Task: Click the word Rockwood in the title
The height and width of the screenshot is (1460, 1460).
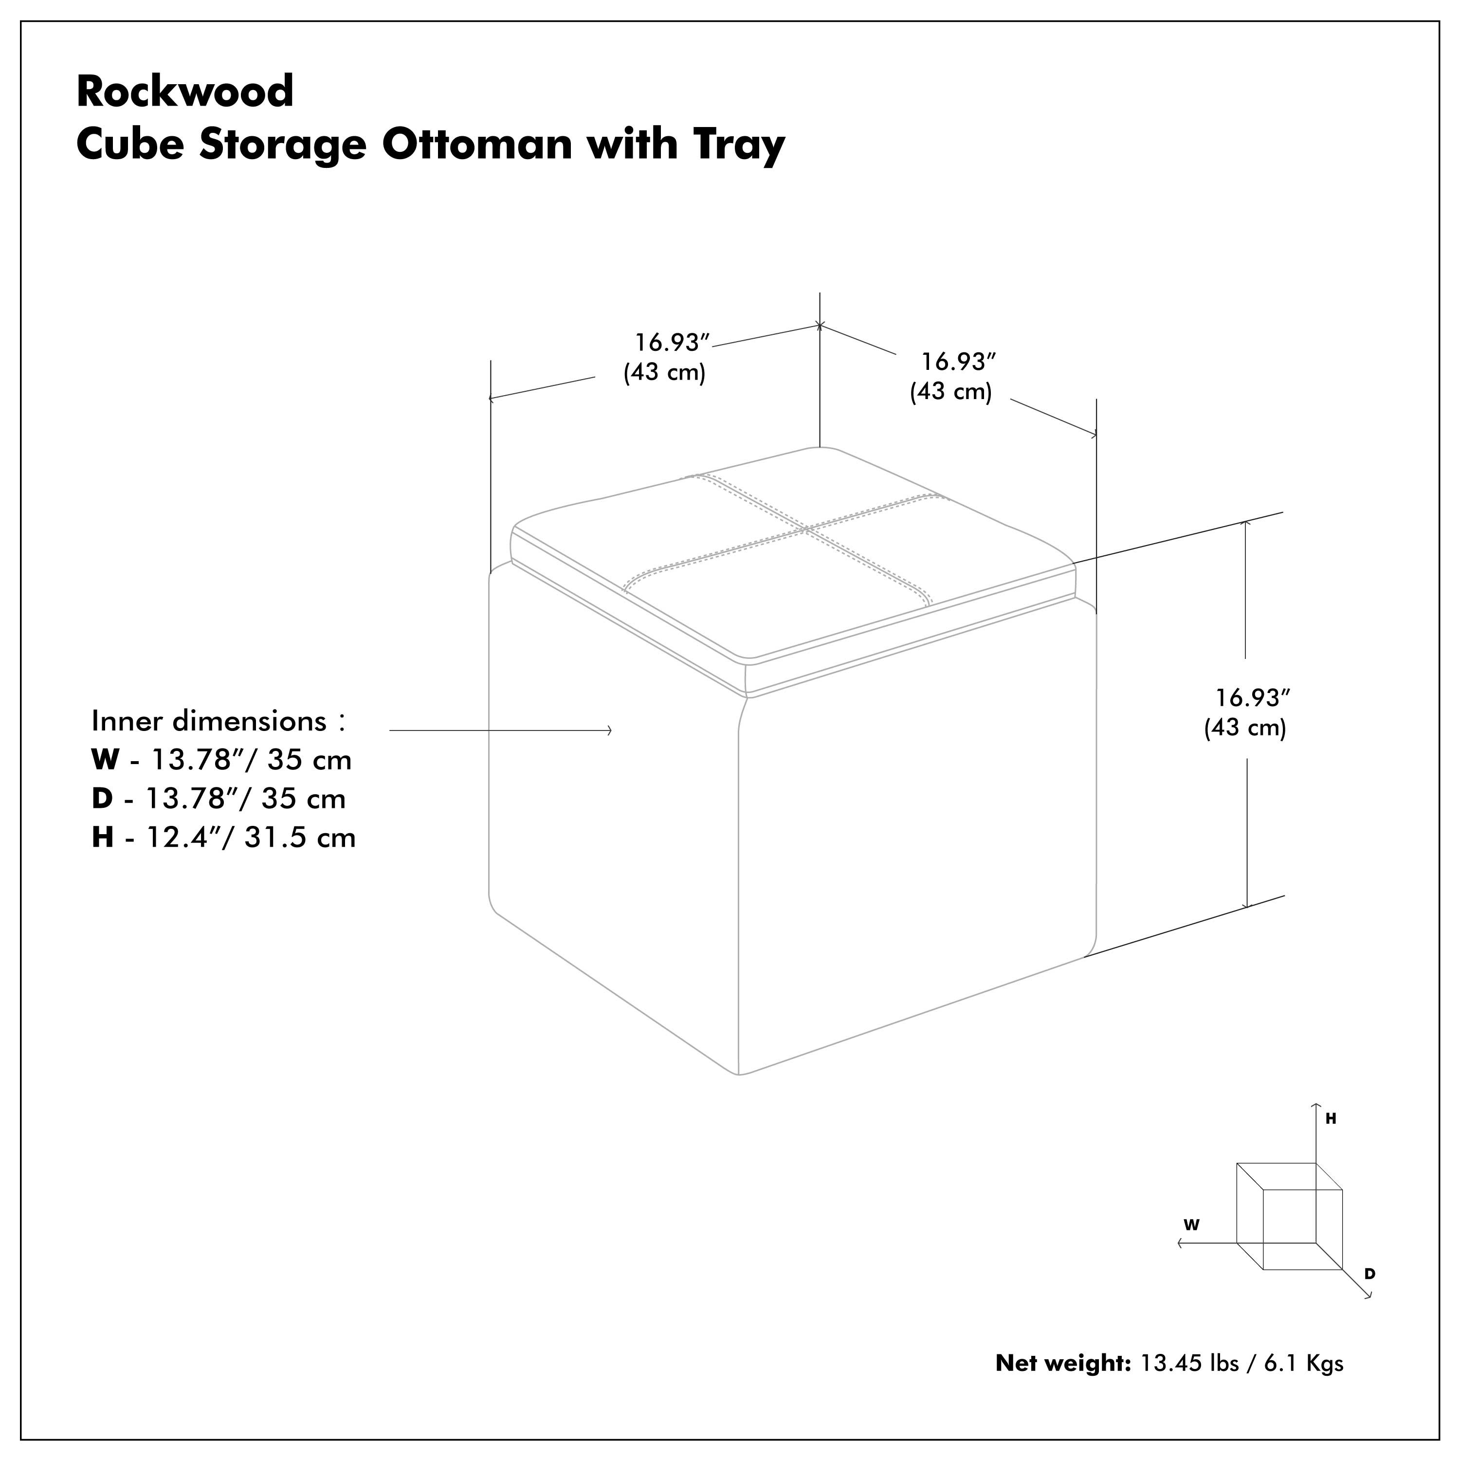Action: (x=185, y=91)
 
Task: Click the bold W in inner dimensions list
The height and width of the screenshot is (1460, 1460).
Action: (x=105, y=760)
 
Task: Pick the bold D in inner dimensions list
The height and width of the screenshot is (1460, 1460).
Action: (x=102, y=799)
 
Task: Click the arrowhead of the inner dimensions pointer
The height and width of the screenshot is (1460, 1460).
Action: (x=610, y=730)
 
